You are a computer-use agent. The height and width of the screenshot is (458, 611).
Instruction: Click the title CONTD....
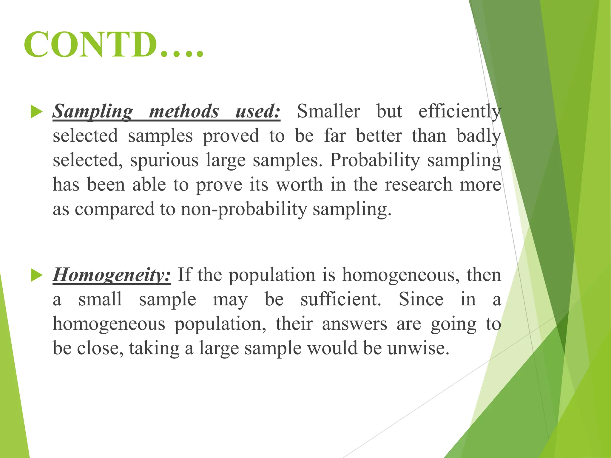(113, 45)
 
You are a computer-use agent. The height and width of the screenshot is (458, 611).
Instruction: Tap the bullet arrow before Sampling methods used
(37, 112)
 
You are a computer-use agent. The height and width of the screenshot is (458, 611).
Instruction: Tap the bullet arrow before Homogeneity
(37, 276)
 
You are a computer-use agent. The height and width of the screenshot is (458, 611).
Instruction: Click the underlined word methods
(184, 112)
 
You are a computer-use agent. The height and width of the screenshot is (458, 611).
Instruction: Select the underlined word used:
(258, 112)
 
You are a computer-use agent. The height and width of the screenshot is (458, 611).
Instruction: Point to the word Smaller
(328, 112)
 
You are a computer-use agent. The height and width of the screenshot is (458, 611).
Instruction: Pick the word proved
(231, 137)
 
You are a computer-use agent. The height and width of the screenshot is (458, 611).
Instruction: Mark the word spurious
(164, 161)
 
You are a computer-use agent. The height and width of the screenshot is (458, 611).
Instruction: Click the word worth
(300, 185)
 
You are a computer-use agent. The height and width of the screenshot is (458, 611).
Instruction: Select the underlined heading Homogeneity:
(112, 275)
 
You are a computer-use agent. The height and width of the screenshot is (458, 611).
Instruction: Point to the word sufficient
(341, 299)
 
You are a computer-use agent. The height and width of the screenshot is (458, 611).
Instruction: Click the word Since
(421, 299)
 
